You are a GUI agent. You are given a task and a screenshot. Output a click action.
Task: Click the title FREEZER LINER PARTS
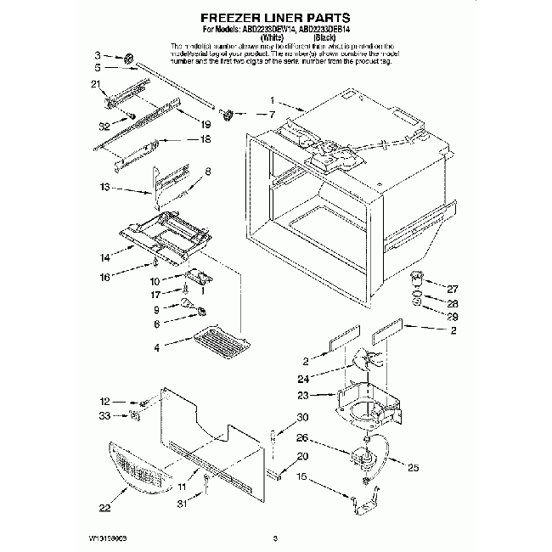[275, 16]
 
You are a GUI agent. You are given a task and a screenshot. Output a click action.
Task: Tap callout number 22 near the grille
[104, 509]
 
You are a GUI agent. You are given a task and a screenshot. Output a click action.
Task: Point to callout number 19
[204, 124]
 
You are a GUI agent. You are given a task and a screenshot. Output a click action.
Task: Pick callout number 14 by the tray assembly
[104, 256]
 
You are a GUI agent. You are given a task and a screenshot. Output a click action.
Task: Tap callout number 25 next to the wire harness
[414, 466]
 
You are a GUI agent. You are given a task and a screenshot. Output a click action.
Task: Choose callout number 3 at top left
[98, 54]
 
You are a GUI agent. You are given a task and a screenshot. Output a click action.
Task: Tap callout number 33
[105, 415]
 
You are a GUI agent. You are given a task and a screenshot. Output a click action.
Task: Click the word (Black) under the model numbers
[323, 37]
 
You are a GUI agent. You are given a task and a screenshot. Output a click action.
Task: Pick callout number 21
[95, 83]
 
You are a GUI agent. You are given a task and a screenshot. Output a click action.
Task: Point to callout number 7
[272, 113]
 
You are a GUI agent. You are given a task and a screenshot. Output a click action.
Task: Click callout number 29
[453, 316]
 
